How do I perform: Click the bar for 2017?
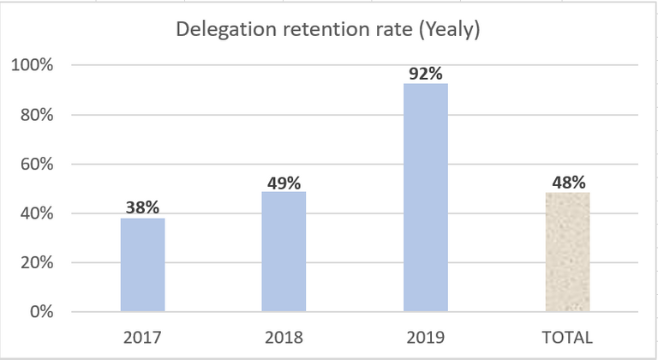click(143, 265)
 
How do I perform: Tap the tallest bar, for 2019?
click(425, 197)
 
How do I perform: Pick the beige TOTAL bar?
click(567, 252)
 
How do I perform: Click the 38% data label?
click(143, 207)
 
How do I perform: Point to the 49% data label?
click(284, 182)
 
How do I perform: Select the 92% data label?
click(425, 73)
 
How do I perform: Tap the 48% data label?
click(567, 183)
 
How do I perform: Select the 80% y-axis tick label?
click(38, 115)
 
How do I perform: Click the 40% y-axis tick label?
click(38, 213)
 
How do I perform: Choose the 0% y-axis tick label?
click(42, 312)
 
